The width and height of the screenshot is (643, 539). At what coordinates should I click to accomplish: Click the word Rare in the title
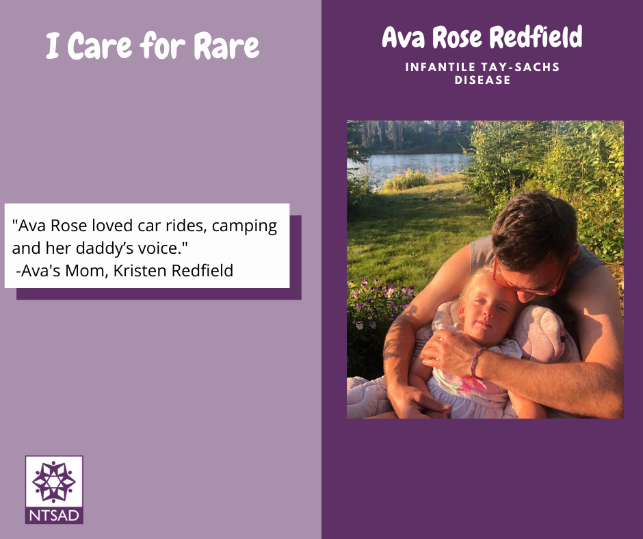[226, 45]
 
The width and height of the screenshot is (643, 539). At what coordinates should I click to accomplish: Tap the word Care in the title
[99, 45]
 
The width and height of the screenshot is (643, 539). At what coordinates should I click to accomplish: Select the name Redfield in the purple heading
[536, 37]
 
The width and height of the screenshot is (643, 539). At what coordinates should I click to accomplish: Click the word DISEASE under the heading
[482, 80]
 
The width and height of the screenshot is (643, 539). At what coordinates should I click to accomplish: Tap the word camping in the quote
[244, 226]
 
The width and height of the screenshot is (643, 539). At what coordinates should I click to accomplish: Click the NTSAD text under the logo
[54, 516]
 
